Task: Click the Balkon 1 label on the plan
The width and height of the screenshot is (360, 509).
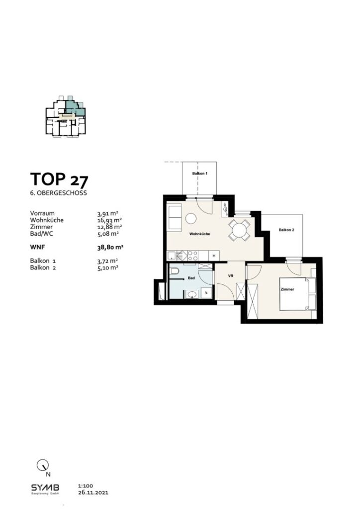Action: [x=199, y=174]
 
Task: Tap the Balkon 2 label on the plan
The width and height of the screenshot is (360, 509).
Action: [x=286, y=230]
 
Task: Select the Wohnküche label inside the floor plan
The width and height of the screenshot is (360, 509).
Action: [x=199, y=234]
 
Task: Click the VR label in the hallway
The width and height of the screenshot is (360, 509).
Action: [x=230, y=275]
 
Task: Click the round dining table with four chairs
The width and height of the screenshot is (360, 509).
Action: [x=240, y=230]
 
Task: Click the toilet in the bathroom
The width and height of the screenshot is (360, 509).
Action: [x=175, y=272]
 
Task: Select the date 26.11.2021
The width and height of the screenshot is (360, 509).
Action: [x=93, y=493]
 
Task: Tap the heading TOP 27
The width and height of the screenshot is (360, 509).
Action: [x=59, y=178]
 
